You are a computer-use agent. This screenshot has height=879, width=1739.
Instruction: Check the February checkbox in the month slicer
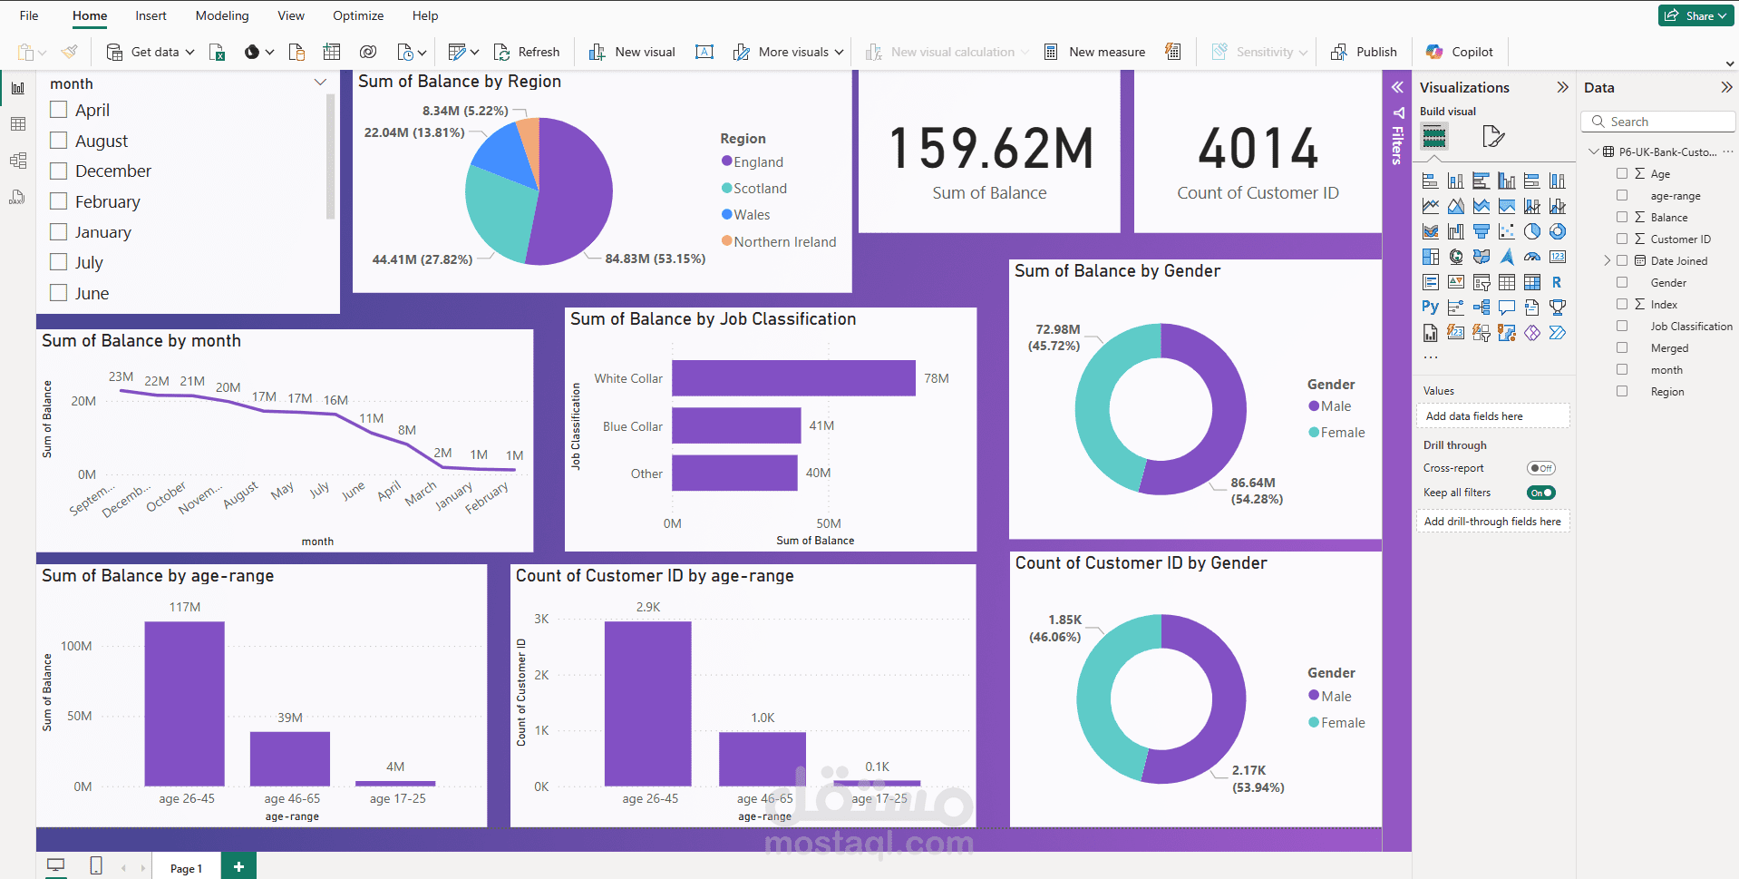59,201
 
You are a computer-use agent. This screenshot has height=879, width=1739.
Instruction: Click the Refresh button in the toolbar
527,52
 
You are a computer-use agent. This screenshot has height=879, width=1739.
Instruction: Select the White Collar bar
793,378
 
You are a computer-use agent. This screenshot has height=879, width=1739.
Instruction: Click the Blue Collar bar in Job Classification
736,425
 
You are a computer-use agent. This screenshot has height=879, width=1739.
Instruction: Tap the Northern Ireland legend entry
779,241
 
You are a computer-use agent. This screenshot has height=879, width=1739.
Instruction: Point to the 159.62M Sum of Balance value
991,149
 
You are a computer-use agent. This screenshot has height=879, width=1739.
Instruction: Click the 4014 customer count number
1258,149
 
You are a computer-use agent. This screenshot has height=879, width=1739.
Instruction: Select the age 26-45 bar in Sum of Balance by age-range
185,704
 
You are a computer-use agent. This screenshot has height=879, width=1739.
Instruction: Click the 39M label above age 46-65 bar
290,718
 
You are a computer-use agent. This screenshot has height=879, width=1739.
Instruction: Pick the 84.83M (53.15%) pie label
656,259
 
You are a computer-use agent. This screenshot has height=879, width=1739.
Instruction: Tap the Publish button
1364,52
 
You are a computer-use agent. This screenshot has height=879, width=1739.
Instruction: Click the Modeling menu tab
222,15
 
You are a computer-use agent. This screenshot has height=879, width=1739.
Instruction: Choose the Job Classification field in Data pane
1691,327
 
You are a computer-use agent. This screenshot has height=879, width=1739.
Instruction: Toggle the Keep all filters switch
1540,493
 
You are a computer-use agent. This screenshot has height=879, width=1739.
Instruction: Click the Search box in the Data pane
1658,122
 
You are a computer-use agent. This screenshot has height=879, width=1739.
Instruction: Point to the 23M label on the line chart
121,376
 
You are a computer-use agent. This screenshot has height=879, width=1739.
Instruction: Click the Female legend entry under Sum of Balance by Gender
1336,433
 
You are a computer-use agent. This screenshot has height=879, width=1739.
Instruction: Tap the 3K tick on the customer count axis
541,619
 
